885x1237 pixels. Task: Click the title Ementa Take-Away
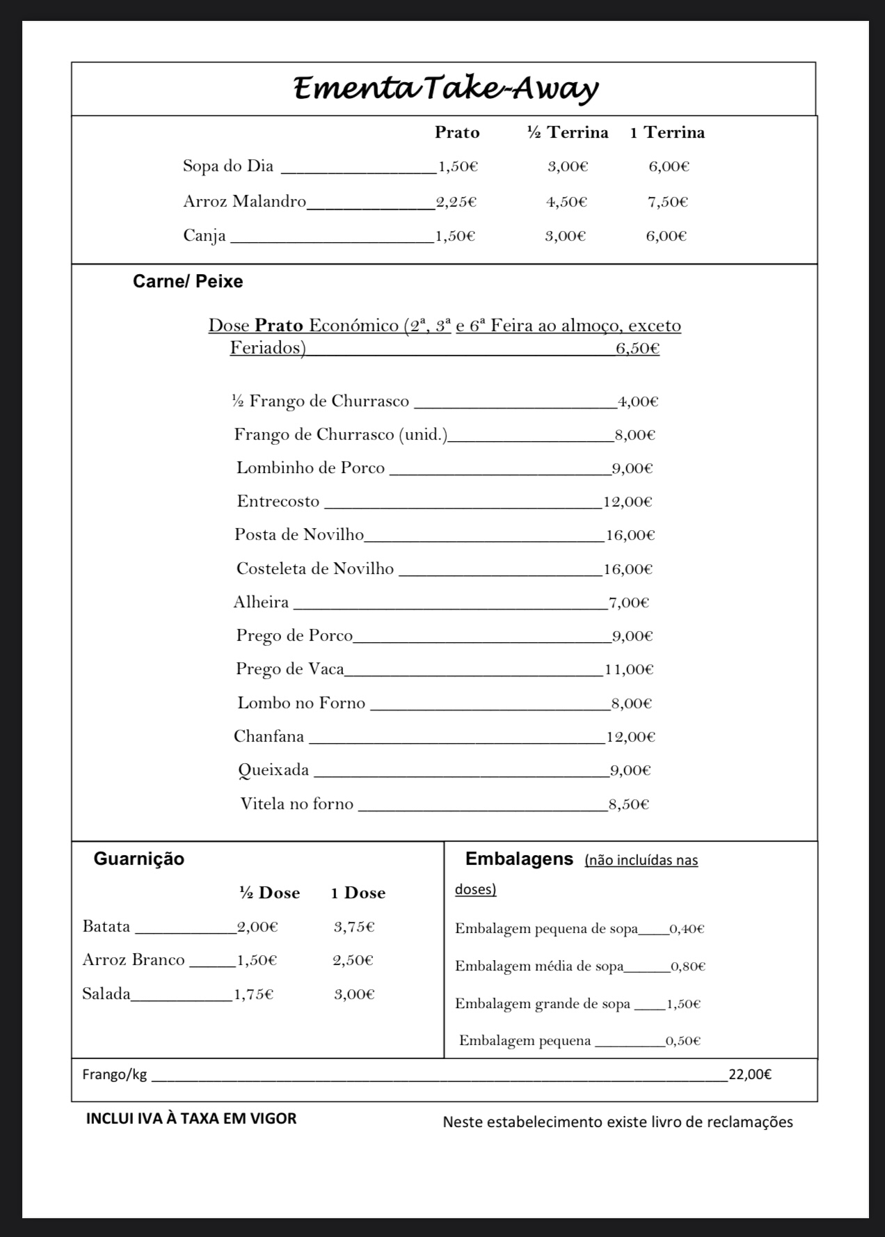(445, 89)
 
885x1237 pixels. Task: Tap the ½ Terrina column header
(567, 132)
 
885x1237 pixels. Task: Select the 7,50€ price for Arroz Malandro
(668, 202)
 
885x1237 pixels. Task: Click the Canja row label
(205, 236)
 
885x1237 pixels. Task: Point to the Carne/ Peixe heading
(188, 282)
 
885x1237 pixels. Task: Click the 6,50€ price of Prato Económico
(637, 348)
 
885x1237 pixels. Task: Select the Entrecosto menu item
(278, 502)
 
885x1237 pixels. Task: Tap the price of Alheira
(629, 602)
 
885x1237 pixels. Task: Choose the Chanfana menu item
(269, 736)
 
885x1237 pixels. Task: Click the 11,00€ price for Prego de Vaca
(629, 669)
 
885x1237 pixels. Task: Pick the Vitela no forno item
(297, 804)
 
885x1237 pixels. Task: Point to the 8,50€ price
(629, 804)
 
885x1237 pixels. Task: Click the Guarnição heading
(139, 859)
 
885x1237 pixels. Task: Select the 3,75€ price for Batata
(354, 927)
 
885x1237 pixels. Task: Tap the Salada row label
(106, 993)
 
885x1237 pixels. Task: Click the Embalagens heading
(519, 859)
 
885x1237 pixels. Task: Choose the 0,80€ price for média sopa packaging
(688, 966)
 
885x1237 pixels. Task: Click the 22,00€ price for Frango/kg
(750, 1074)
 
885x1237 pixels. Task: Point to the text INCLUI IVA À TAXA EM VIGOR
(191, 1119)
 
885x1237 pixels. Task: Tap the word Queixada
(273, 770)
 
